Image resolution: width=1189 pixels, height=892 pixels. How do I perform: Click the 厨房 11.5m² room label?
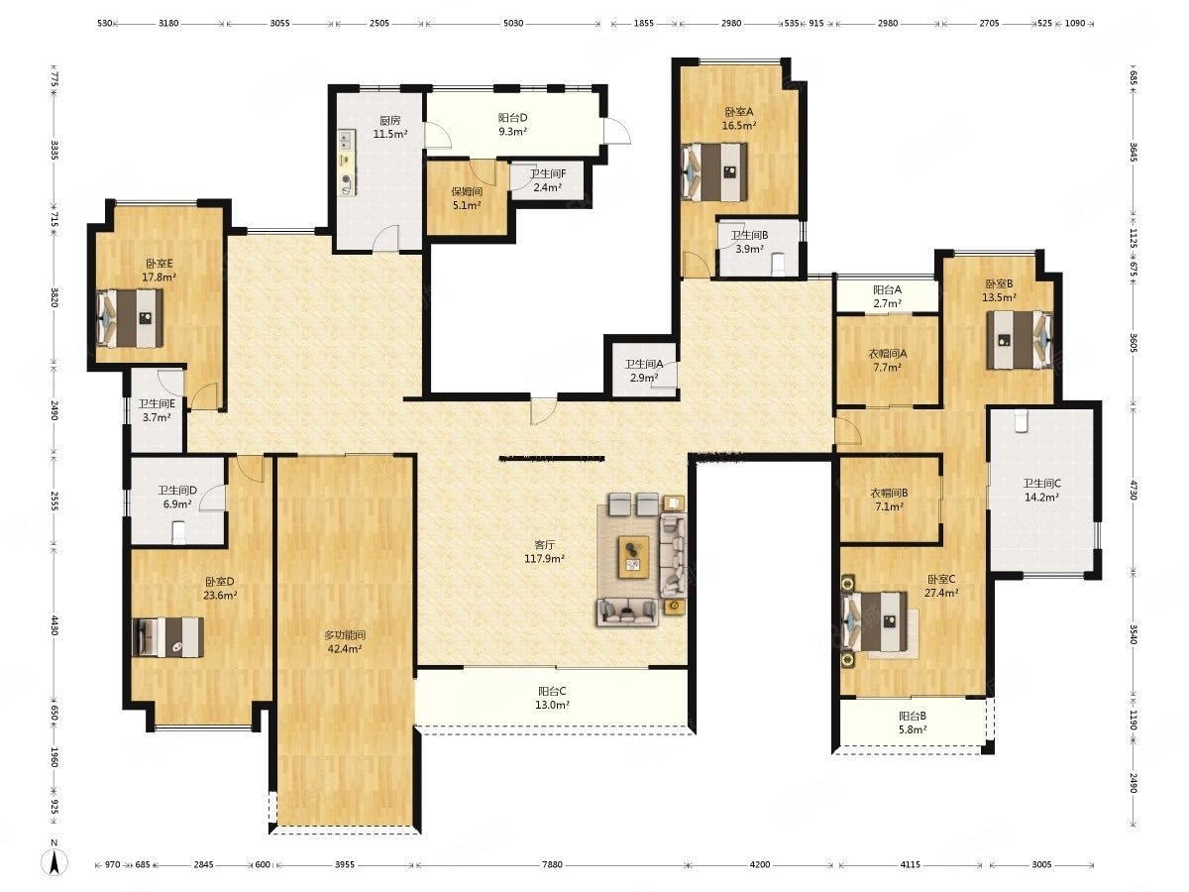pos(390,127)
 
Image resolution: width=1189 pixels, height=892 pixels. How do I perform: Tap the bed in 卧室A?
pos(714,171)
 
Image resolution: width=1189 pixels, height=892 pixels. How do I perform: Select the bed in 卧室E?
pos(130,318)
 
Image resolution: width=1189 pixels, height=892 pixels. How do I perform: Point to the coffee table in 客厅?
pos(634,557)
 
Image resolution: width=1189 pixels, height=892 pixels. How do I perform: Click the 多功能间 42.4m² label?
pos(345,641)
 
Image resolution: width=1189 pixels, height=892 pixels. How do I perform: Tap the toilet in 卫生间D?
pos(178,533)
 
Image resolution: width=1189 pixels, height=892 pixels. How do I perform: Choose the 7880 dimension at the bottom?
pos(552,865)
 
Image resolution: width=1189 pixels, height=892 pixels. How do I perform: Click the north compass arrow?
pos(54,861)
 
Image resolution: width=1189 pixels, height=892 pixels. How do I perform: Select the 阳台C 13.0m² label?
pos(552,698)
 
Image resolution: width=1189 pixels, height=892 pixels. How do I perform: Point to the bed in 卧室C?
pos(874,621)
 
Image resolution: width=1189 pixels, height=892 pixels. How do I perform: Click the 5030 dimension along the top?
pos(513,23)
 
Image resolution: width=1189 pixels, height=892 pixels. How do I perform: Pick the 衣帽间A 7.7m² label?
pos(888,360)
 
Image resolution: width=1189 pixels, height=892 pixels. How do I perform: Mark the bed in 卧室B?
pos(1020,340)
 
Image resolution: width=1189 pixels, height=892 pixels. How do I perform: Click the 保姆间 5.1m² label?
pos(467,198)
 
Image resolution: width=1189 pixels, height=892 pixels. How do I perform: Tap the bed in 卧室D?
pos(168,637)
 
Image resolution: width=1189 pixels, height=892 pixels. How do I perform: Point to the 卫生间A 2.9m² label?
pos(643,371)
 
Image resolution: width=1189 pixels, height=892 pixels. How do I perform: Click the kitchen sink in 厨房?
pos(347,140)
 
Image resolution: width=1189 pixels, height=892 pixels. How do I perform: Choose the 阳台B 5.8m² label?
pos(913,723)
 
